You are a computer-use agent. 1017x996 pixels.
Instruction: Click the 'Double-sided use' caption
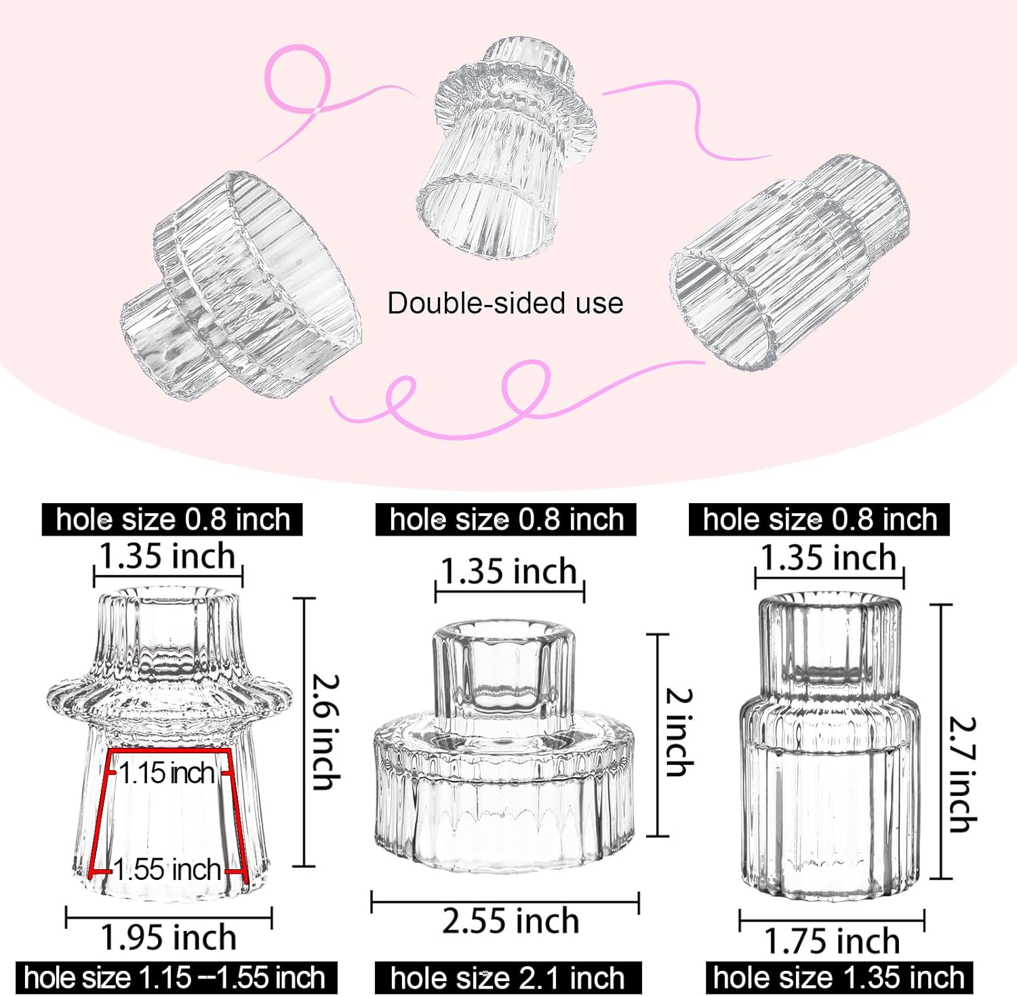click(505, 303)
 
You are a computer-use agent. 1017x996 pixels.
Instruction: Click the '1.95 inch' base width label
click(168, 938)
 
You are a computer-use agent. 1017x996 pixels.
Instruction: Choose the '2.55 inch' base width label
click(510, 921)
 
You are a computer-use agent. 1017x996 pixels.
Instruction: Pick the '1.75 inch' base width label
click(832, 942)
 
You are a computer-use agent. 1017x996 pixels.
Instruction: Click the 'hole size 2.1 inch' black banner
click(508, 978)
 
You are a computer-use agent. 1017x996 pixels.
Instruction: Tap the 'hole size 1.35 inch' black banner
click(839, 978)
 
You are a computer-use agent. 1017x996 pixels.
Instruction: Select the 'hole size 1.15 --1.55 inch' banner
click(175, 978)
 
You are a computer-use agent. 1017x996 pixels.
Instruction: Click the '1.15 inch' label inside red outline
click(167, 773)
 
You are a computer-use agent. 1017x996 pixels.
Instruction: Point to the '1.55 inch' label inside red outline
click(167, 870)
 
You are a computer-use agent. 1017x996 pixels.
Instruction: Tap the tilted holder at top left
click(241, 285)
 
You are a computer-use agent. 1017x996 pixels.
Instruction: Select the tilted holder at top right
click(790, 261)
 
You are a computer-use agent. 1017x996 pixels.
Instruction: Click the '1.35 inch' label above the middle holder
click(509, 571)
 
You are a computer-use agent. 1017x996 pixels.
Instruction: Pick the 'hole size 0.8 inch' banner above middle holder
click(506, 520)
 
